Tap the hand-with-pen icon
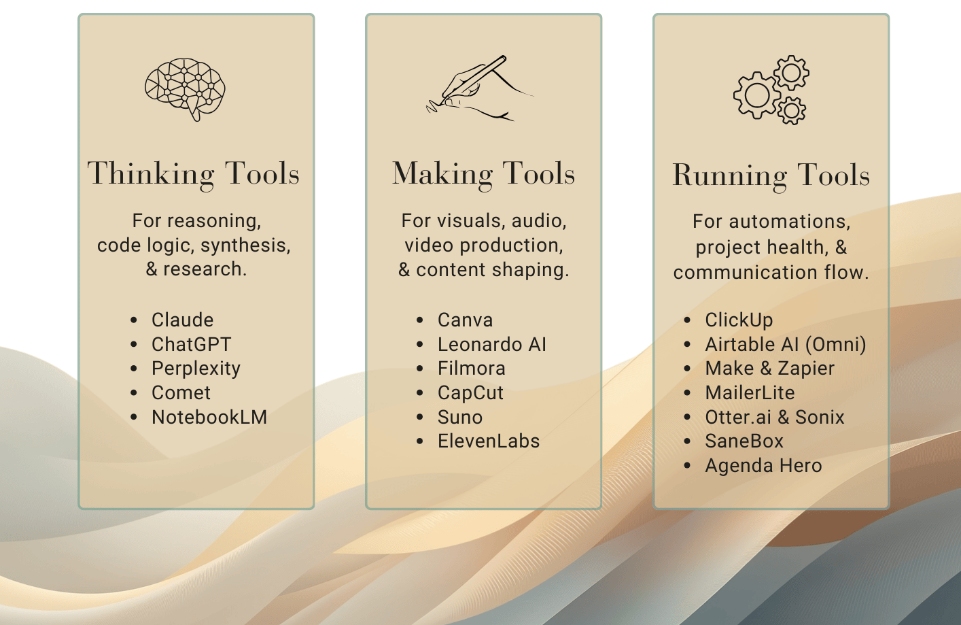click(478, 89)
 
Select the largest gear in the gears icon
click(756, 96)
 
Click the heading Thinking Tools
click(194, 174)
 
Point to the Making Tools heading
click(483, 174)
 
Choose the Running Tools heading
click(771, 175)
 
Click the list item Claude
click(182, 320)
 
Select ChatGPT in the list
click(191, 344)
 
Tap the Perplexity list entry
click(196, 369)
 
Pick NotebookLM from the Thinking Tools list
click(209, 417)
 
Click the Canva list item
click(465, 320)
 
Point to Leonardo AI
click(491, 344)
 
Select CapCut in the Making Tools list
click(470, 393)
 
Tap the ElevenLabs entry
click(488, 441)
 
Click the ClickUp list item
click(739, 320)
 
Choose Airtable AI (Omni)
click(785, 344)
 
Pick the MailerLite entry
click(750, 393)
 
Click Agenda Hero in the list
click(763, 466)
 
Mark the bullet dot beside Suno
click(420, 418)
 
